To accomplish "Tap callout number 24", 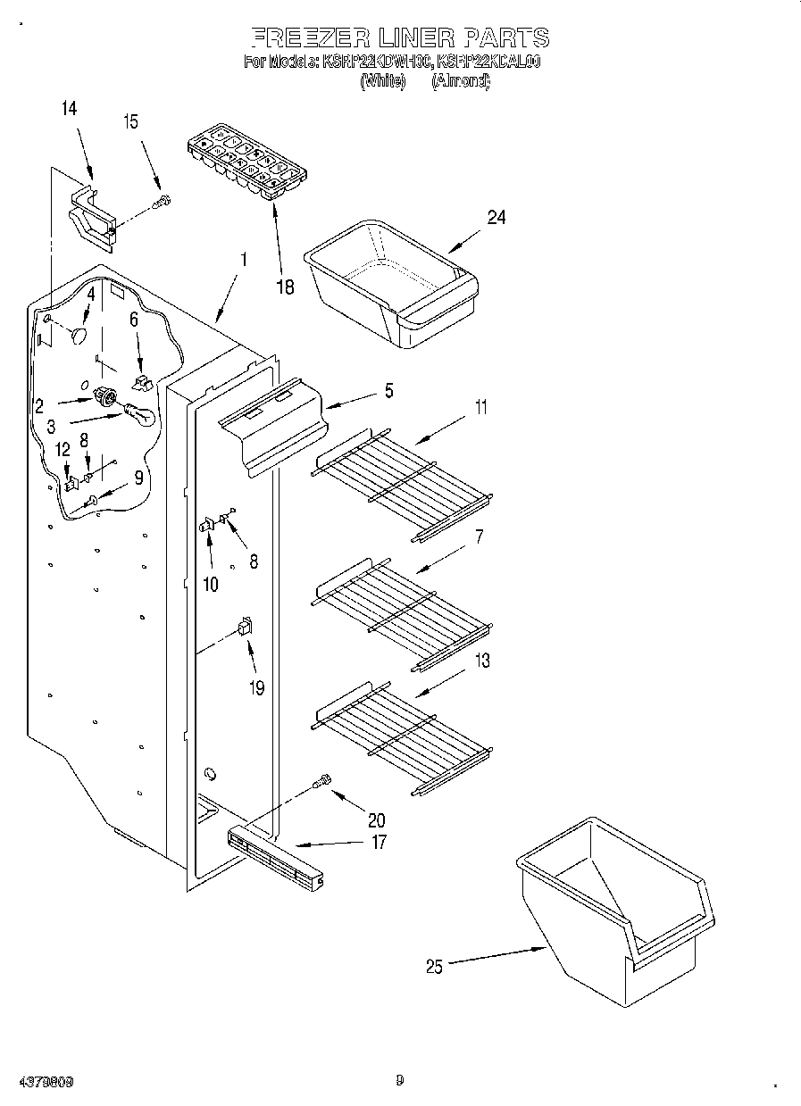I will [x=496, y=216].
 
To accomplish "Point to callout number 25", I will [x=434, y=966].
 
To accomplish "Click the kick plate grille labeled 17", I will [x=275, y=858].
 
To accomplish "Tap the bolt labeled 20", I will [x=322, y=782].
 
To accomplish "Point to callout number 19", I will [x=256, y=688].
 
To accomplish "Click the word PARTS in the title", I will [x=505, y=37].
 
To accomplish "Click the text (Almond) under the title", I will [x=461, y=81].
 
